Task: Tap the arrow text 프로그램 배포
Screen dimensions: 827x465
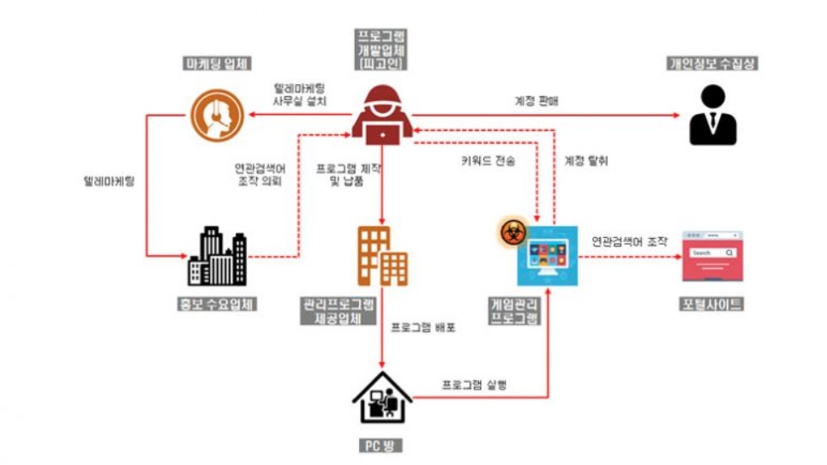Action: coord(423,328)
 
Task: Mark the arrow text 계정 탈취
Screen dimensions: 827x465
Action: coord(587,160)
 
